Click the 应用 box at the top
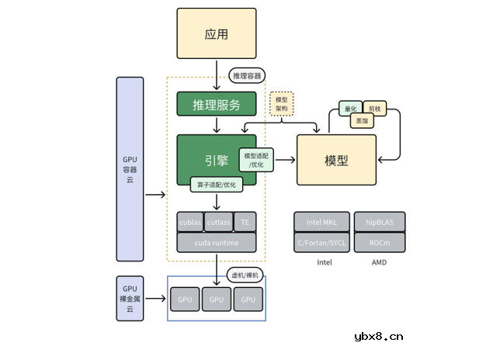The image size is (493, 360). [x=216, y=35]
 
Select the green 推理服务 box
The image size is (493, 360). [x=216, y=104]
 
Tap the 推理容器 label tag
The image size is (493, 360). [x=248, y=75]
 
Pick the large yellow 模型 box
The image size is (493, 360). [x=336, y=160]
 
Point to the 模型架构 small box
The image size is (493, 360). [x=282, y=105]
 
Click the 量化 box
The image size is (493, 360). [x=349, y=109]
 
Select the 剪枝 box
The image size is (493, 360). [x=375, y=109]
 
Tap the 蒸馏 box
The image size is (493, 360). [x=363, y=121]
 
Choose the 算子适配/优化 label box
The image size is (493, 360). [x=217, y=185]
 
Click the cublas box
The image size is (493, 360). [x=190, y=222]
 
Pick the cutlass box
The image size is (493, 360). [x=218, y=222]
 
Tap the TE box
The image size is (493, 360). [x=245, y=222]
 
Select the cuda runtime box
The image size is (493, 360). [x=216, y=243]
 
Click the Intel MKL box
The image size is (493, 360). [x=321, y=222]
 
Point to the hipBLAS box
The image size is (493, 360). [x=380, y=222]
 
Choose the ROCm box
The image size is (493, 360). [x=380, y=242]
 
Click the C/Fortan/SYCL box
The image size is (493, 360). [x=321, y=242]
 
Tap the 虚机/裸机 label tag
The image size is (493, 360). [x=245, y=275]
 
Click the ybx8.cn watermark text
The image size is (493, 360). [x=378, y=337]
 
